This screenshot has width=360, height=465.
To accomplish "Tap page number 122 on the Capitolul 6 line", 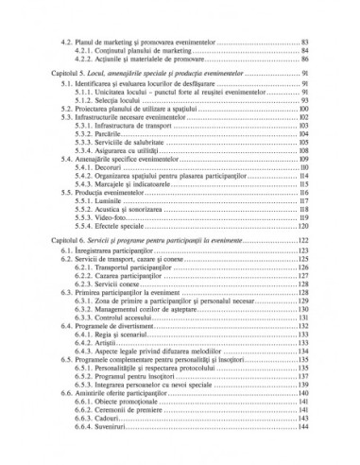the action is pyautogui.click(x=304, y=242).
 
